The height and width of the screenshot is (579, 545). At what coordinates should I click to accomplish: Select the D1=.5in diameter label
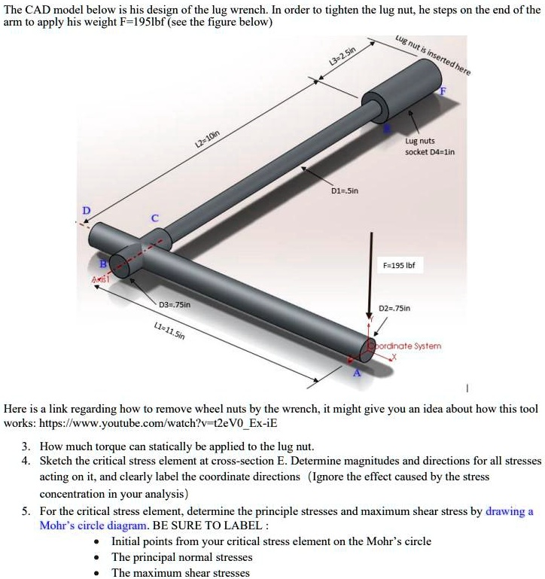click(x=345, y=190)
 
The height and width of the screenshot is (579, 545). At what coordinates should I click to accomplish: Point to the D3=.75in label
click(x=178, y=304)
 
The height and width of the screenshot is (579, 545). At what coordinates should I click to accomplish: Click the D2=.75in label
click(x=394, y=308)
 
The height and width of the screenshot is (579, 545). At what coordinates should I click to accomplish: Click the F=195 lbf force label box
click(x=399, y=266)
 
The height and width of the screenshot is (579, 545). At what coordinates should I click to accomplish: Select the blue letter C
click(x=155, y=218)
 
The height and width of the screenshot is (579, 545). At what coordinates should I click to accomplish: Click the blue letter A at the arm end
click(x=358, y=373)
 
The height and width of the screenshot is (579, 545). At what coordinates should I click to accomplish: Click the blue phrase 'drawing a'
click(x=510, y=511)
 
